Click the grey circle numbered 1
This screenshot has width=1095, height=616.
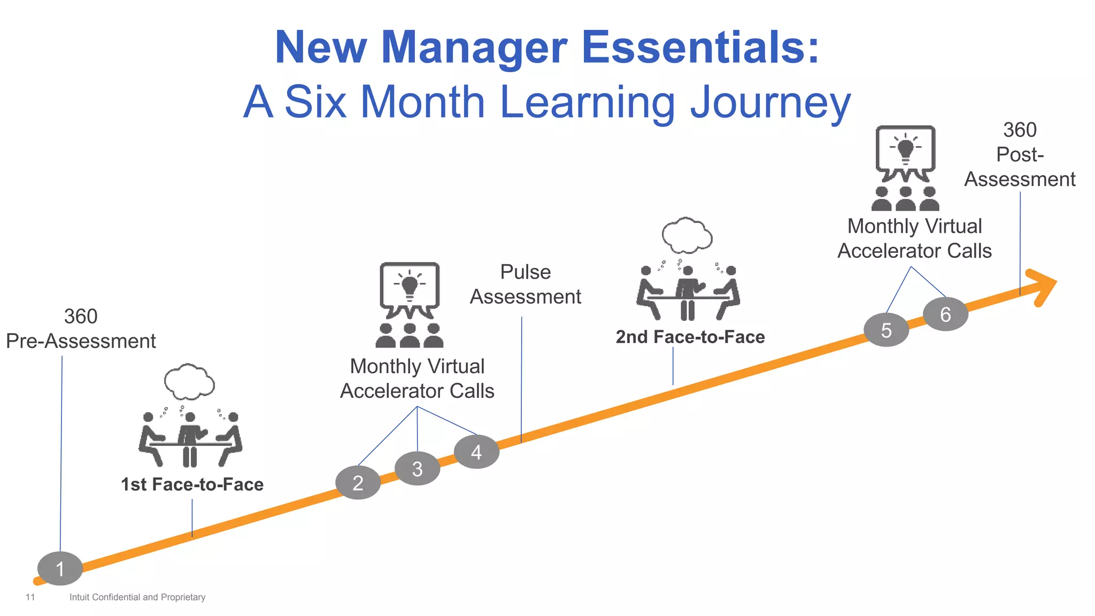tap(60, 568)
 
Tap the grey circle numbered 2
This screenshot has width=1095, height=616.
tap(358, 482)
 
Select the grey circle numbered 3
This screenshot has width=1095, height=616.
tap(417, 468)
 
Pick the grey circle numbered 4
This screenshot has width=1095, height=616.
tap(476, 452)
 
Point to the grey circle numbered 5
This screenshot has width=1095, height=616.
tap(886, 330)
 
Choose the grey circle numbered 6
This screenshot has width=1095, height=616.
tap(945, 314)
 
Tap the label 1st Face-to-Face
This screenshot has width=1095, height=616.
tap(192, 484)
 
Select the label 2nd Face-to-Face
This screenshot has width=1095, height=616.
tap(690, 337)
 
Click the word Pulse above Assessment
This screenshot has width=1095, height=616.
tap(525, 272)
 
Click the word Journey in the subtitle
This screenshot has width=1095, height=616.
tap(770, 103)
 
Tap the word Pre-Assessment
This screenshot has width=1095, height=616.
tap(81, 341)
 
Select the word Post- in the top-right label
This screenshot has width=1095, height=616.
tap(1020, 155)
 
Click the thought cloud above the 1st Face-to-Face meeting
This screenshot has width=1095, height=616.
tap(189, 382)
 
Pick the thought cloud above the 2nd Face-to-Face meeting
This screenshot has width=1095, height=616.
tap(687, 235)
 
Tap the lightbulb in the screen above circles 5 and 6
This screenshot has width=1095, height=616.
tap(905, 148)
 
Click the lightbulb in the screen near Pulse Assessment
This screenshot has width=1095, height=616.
tap(410, 286)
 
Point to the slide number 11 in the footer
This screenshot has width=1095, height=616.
tap(30, 597)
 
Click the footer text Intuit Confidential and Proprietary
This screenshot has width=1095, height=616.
tap(137, 597)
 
